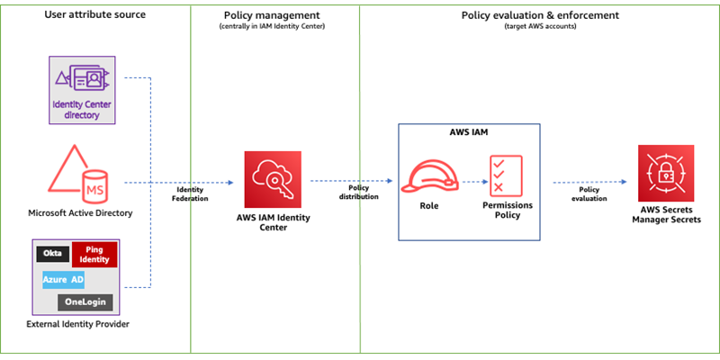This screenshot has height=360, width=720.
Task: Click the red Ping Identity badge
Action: coord(94,255)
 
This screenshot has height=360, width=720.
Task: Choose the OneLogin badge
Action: coord(85,301)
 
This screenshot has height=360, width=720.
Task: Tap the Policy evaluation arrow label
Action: coord(590,193)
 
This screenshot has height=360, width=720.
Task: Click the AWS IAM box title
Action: coord(469,130)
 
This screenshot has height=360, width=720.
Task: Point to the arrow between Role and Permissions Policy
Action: coord(469,180)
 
